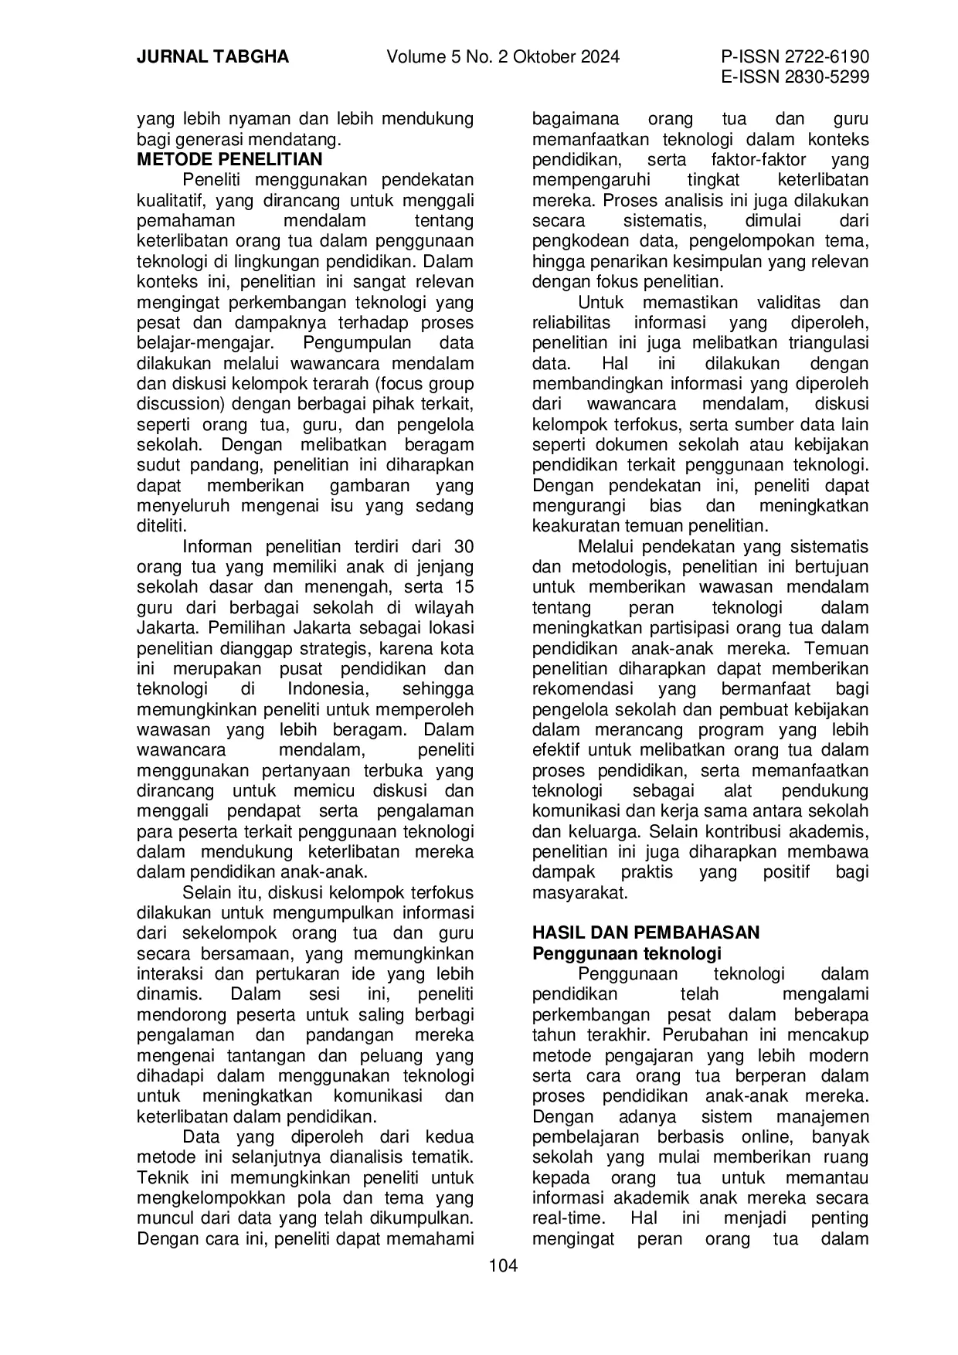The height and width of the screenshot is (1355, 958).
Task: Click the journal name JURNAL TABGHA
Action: coord(212,57)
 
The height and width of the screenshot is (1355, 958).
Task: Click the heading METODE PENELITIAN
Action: coord(229,160)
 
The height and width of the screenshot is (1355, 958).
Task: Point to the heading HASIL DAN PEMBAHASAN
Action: coord(646,932)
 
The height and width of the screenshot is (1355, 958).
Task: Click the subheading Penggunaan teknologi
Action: coord(627,953)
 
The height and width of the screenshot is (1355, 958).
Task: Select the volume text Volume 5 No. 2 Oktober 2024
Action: coord(503,57)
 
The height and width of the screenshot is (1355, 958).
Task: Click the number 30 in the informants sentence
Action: coord(463,547)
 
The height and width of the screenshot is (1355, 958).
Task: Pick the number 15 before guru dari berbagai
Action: coord(464,587)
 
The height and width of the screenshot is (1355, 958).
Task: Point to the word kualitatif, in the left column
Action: coord(172,201)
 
